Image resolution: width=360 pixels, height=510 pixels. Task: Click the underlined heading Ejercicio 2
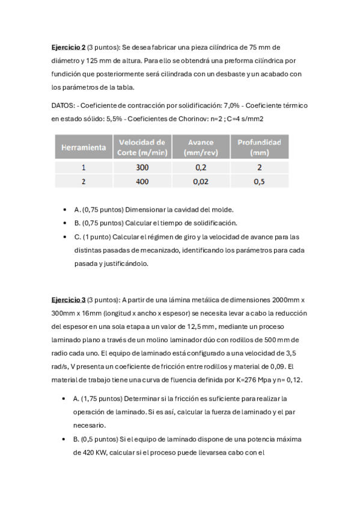[68, 48]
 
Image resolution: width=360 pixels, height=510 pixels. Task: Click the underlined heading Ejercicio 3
[68, 300]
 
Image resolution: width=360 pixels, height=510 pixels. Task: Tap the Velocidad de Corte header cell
[142, 147]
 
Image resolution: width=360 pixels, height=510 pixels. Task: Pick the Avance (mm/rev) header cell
[201, 147]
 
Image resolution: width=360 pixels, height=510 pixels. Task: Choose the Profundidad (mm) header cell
[259, 147]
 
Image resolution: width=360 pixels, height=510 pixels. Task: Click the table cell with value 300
[142, 168]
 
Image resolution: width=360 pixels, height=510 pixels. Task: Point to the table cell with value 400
[142, 180]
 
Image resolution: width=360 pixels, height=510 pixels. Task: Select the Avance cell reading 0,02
[201, 180]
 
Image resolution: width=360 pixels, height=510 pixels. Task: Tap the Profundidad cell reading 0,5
[259, 180]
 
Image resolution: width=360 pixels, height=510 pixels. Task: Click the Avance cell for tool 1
[201, 168]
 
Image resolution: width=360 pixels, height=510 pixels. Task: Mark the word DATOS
[63, 106]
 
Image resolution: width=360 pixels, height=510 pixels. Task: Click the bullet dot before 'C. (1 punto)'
[65, 237]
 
